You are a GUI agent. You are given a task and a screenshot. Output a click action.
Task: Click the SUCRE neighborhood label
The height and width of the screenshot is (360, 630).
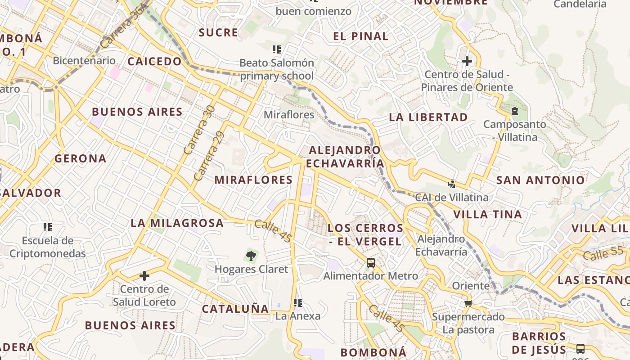(x=218, y=32)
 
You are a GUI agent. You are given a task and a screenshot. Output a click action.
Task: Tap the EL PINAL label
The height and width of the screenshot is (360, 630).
(x=360, y=36)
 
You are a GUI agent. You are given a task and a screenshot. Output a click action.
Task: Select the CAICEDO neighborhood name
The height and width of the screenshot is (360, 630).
(x=154, y=62)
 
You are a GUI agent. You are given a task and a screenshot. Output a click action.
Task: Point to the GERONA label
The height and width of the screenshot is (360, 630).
(x=81, y=158)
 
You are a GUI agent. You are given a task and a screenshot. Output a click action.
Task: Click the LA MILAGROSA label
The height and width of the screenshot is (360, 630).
(x=177, y=223)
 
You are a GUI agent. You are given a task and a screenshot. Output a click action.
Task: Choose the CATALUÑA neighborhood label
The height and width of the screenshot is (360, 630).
(x=235, y=309)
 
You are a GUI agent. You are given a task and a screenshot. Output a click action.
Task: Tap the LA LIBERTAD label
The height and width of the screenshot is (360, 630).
(x=428, y=117)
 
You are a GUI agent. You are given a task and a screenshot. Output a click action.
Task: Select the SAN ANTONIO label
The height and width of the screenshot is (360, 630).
(x=540, y=180)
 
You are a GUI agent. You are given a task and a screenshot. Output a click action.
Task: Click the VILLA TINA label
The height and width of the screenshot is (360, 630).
(x=487, y=214)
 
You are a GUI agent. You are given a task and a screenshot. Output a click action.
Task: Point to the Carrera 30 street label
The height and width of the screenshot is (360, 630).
(x=199, y=130)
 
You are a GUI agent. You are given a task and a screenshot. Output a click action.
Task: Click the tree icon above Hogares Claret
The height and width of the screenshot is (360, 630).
(x=251, y=256)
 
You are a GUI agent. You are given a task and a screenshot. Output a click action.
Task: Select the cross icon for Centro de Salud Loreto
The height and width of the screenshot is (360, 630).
(x=144, y=275)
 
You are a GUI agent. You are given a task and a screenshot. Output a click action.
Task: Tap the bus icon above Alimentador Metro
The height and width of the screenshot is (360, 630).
(x=370, y=262)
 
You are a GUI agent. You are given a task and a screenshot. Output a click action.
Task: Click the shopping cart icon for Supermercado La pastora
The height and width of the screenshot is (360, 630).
(x=468, y=304)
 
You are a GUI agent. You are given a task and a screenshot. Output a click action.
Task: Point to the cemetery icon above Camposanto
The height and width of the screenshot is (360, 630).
(x=514, y=111)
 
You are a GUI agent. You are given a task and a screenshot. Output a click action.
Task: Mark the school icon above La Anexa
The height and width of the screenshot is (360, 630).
(x=297, y=302)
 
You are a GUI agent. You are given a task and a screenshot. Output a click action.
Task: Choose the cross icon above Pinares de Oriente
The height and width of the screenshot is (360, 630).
(x=467, y=61)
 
